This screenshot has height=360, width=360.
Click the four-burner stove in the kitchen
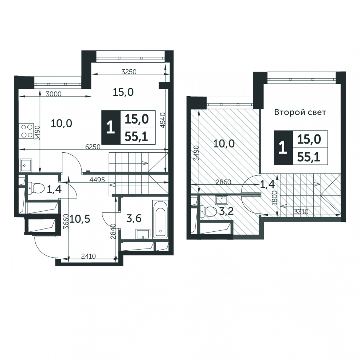[x=27, y=131]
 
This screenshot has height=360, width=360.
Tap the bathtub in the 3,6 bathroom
[x=161, y=220]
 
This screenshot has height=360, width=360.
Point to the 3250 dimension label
[x=129, y=72]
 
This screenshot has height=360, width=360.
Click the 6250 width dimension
[x=93, y=147]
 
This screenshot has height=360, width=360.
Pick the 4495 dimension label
[x=97, y=180]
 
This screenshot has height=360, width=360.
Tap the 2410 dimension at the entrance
[x=89, y=256]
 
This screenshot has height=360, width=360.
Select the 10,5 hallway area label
[x=80, y=219]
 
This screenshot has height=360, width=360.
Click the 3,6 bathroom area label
[x=134, y=218]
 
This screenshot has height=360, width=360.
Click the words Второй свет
[x=300, y=113]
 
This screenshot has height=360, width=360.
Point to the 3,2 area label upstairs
[x=226, y=211]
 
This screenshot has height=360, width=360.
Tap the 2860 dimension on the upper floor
[x=223, y=182]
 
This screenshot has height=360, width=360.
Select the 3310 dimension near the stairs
[x=301, y=212]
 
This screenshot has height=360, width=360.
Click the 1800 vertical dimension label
[x=275, y=197]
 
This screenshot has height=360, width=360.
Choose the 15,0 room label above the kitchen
[x=123, y=92]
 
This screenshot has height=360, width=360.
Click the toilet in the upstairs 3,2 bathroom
[x=209, y=211]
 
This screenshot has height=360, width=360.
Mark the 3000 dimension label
[x=54, y=94]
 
